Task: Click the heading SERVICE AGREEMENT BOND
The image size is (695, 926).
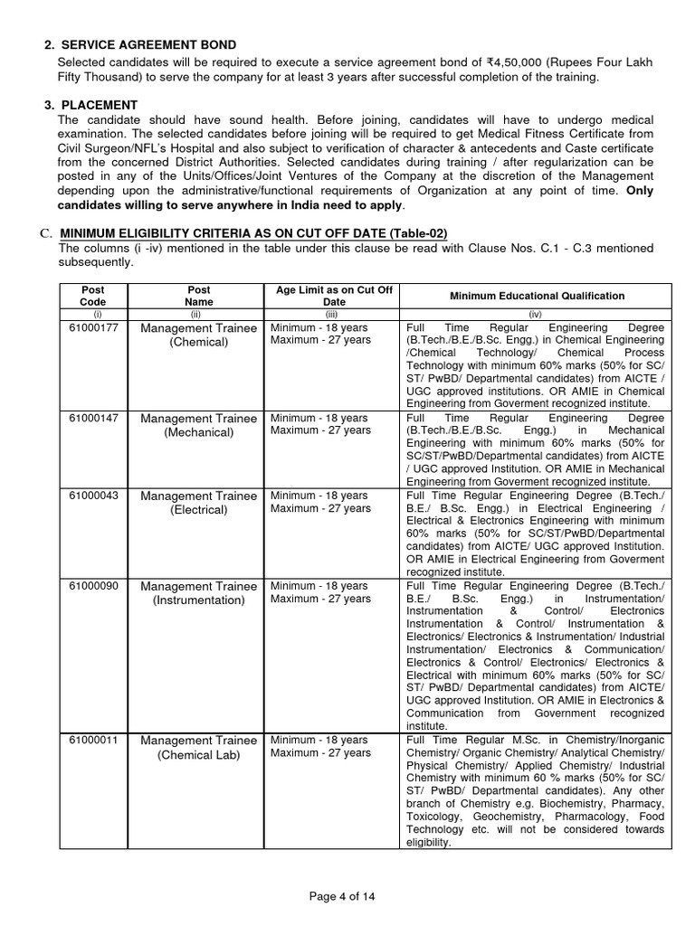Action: pyautogui.click(x=148, y=45)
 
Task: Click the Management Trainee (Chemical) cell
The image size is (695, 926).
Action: pyautogui.click(x=198, y=335)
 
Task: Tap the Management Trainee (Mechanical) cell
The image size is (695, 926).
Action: pyautogui.click(x=198, y=425)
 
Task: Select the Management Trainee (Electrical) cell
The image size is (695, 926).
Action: pyautogui.click(x=198, y=503)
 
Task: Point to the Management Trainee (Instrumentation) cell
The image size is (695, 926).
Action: pyautogui.click(x=198, y=593)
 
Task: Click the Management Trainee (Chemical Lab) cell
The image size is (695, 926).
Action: pyautogui.click(x=198, y=748)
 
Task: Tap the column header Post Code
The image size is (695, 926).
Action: pyautogui.click(x=93, y=296)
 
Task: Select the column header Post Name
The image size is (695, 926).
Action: pyautogui.click(x=198, y=296)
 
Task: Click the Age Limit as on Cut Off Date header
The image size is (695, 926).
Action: pyautogui.click(x=334, y=296)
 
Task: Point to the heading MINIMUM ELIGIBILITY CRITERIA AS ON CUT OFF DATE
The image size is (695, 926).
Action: pyautogui.click(x=253, y=233)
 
